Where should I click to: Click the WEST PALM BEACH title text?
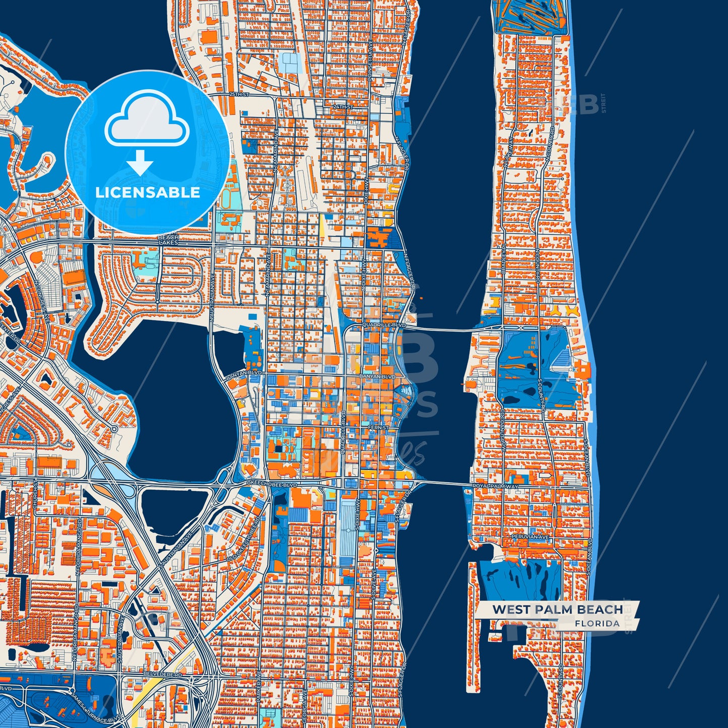[x=557, y=609]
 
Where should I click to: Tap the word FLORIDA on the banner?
[x=597, y=623]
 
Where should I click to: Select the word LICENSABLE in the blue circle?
[x=148, y=192]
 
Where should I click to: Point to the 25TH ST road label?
[x=239, y=94]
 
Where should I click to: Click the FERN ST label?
[x=378, y=428]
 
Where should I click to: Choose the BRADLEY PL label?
[x=503, y=259]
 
